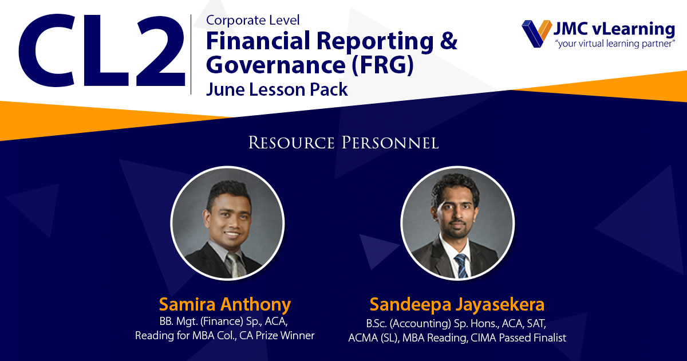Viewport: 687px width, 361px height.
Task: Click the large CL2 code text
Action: pyautogui.click(x=102, y=50)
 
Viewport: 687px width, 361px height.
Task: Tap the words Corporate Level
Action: pyautogui.click(x=252, y=20)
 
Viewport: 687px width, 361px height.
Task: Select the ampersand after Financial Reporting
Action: pyautogui.click(x=448, y=41)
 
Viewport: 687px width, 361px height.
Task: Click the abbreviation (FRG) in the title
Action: pyautogui.click(x=382, y=65)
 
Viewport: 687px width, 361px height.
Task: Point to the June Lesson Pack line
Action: pyautogui.click(x=277, y=89)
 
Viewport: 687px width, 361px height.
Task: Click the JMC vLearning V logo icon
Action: pyautogui.click(x=537, y=33)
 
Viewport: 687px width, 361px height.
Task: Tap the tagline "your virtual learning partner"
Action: pyautogui.click(x=615, y=44)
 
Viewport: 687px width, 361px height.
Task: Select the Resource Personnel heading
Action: pyautogui.click(x=343, y=143)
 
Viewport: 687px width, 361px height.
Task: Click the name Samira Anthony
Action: pyautogui.click(x=225, y=304)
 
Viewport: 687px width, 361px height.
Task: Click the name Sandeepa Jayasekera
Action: pyautogui.click(x=457, y=304)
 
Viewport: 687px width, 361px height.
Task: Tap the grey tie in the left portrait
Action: pyautogui.click(x=235, y=265)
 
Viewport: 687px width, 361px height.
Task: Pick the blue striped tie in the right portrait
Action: pyautogui.click(x=461, y=265)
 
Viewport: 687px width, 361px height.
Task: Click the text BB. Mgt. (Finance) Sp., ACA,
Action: pyautogui.click(x=223, y=321)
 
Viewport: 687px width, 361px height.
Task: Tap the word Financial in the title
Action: pyautogui.click(x=258, y=41)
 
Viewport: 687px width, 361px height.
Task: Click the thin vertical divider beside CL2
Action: pyautogui.click(x=191, y=54)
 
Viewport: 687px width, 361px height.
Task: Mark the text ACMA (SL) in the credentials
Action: pyautogui.click(x=373, y=338)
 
